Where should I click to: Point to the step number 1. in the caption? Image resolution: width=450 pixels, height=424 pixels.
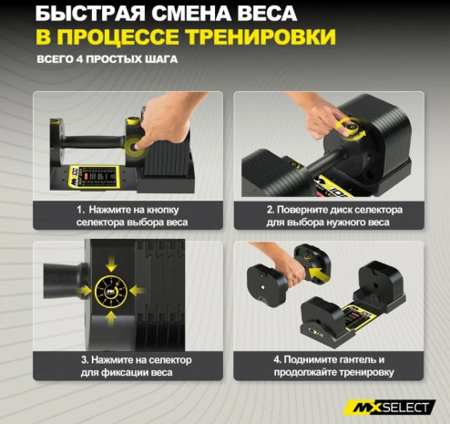(x=80, y=210)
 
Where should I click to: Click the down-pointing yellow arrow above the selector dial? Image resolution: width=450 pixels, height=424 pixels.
(x=111, y=264)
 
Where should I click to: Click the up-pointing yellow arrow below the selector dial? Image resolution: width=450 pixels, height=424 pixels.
(x=111, y=319)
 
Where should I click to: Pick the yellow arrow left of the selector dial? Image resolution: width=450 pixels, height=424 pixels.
(x=84, y=291)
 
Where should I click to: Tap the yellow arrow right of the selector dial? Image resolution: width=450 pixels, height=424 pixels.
(x=138, y=291)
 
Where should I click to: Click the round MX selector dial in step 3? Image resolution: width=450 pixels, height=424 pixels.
(x=111, y=292)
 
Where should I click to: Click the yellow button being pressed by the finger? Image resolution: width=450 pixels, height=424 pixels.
(x=134, y=147)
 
